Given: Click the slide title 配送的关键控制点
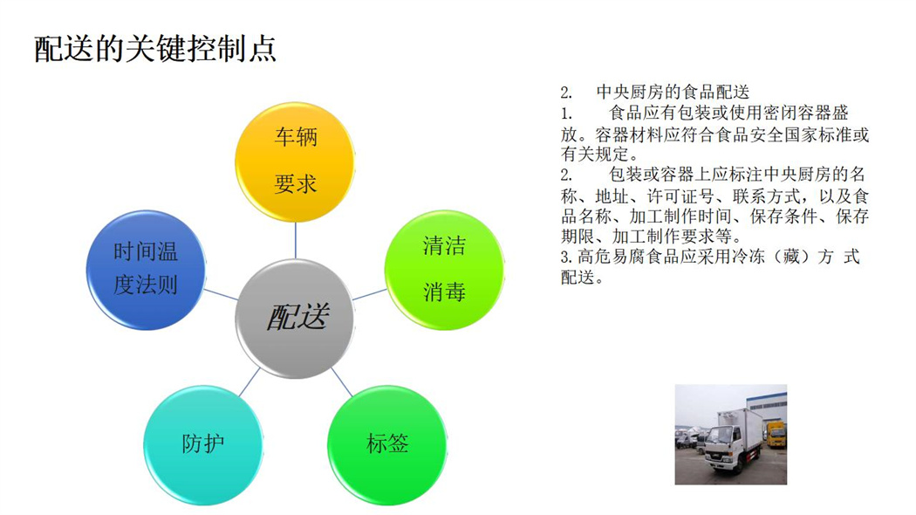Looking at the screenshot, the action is pos(154,49).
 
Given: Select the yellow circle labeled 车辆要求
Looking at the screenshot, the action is pos(295,162).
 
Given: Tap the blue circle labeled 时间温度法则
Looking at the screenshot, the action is pos(146,270).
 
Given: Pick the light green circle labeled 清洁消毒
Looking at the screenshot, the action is pos(444,270).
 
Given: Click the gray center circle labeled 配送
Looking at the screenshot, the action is pos(295,319).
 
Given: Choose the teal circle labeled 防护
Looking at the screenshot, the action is pos(202,445).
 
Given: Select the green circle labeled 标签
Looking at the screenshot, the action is pos(386,445).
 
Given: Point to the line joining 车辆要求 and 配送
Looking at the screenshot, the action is pos(295,240).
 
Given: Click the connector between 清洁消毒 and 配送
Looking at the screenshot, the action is pos(369,294).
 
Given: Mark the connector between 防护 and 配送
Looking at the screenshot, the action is pos(250,381).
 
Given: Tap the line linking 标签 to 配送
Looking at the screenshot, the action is pos(342,382).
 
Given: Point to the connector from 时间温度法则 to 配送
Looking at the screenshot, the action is pos(221,294).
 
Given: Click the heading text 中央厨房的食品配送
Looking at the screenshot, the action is pos(673,92).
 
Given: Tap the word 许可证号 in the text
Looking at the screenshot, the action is pos(680,196).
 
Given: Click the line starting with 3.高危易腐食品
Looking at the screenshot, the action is pos(710,257).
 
